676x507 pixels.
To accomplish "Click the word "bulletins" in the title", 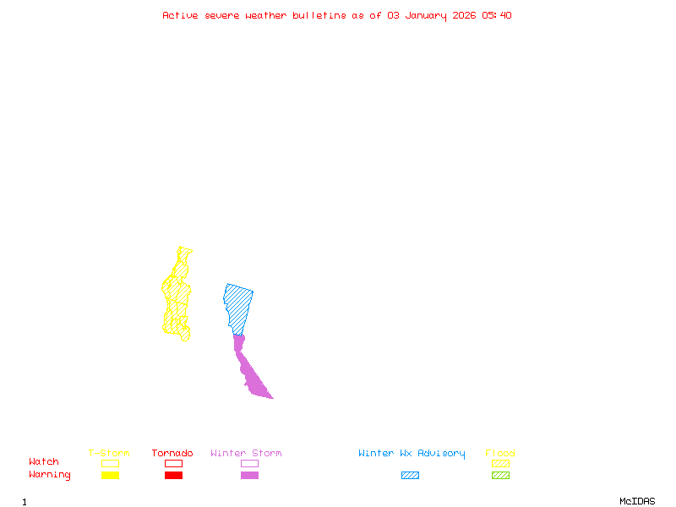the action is coord(319,15).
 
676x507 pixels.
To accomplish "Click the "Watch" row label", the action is coord(44,462).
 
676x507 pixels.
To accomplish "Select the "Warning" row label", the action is coord(50,475).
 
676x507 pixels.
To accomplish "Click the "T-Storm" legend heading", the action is coord(109,454).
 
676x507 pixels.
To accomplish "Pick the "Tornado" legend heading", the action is coord(172,454).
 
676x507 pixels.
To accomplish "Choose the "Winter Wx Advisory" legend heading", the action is coord(412,454).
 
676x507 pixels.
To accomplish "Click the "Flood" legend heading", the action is coord(500,454).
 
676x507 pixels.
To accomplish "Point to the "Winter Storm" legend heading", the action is coord(246,454).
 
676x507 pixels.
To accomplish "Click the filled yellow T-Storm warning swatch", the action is coord(110,476).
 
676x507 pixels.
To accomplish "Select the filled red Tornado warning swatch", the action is coord(173,476).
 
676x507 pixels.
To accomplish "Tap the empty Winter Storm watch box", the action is coord(249,463).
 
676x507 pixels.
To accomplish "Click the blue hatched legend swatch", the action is coord(410,476).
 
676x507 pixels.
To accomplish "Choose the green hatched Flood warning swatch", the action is coord(500,476).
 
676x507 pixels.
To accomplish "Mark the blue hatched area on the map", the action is coord(238,304).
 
